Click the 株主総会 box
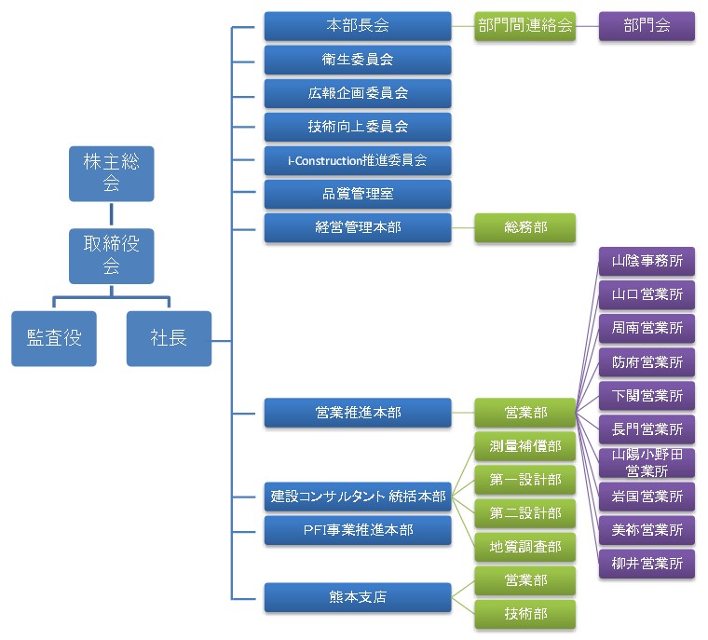111,173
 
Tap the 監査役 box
54,338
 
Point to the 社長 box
169,338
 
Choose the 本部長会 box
358,26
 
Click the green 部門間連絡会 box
524,26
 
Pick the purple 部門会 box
647,26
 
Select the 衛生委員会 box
358,60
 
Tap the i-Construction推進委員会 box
358,160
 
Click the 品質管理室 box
358,194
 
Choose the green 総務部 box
524,227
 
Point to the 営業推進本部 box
358,412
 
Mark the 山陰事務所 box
647,261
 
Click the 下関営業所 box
647,396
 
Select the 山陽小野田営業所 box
647,462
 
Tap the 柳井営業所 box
647,563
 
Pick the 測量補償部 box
524,446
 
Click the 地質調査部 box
524,547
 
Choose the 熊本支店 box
358,597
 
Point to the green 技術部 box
524,614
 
